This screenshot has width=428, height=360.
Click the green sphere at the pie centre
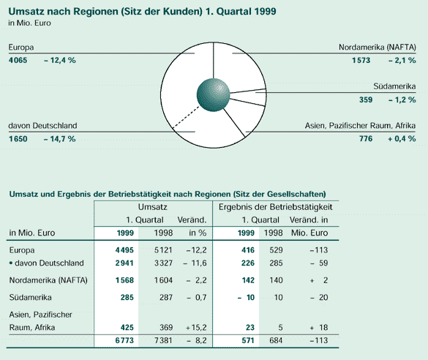point(213,94)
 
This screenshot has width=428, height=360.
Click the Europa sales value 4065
point(18,60)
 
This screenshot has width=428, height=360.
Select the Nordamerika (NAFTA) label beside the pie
point(378,48)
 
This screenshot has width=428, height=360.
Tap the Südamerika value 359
point(366,100)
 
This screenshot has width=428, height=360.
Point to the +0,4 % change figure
point(402,138)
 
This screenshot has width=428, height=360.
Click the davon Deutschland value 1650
point(18,139)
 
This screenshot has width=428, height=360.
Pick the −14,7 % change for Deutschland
point(59,139)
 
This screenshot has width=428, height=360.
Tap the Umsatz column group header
point(153,207)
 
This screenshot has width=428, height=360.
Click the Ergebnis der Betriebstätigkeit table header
point(275,207)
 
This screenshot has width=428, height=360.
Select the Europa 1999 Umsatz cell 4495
point(124,250)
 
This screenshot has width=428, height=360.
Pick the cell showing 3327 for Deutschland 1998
point(163,263)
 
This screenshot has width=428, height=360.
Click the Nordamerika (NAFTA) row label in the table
point(48,280)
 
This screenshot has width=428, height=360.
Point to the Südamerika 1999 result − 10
point(246,298)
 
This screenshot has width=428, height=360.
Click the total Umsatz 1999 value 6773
point(124,340)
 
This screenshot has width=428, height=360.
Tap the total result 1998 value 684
point(275,340)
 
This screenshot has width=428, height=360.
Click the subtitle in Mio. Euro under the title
point(29,23)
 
